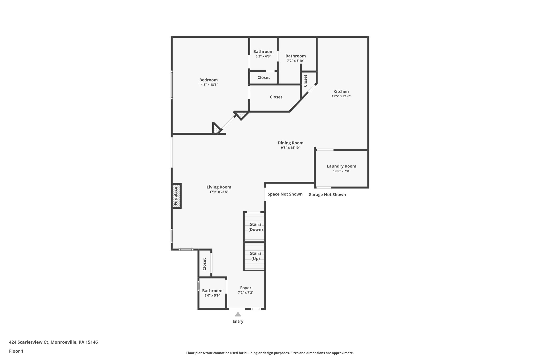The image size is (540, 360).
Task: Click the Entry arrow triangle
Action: coord(238,314)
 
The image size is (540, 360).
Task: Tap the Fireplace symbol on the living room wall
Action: coord(176,196)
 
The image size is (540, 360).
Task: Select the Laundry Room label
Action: coord(341,166)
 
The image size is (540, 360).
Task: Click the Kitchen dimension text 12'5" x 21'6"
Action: coord(341,96)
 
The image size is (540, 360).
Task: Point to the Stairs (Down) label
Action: coord(255,227)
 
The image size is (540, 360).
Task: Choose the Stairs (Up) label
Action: coord(255,256)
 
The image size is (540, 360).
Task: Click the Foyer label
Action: coord(245,288)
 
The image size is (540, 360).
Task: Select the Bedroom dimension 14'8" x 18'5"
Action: coord(208,85)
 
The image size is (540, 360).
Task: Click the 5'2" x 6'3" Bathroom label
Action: coord(263,52)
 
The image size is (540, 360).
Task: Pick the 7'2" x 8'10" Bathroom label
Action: coord(295,56)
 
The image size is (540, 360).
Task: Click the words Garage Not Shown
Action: coord(327,195)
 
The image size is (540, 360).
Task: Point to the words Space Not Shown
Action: coord(285,194)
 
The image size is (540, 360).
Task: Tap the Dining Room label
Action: coord(290,143)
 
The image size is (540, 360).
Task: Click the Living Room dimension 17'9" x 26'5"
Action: coord(219,192)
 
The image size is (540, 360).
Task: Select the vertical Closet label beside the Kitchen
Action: coord(305,81)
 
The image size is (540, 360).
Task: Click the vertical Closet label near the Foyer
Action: coord(204,264)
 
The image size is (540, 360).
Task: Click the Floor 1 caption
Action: coord(16,351)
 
